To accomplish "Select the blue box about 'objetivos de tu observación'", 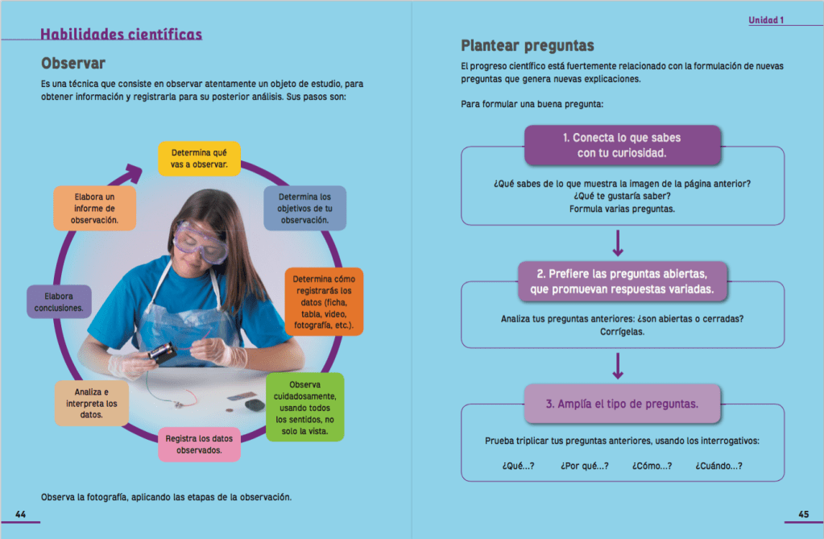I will pos(304,208).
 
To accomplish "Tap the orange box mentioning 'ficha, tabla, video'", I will pos(323,302).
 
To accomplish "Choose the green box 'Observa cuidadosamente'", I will pos(304,407).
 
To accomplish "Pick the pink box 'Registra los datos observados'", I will pos(199,444).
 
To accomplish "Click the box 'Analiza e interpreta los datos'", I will pos(91,403).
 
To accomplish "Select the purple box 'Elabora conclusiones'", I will pos(59,301).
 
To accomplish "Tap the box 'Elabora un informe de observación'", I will pos(94,208).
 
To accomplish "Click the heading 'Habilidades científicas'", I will pos(121,34).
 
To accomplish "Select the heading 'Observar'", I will pos(73,62).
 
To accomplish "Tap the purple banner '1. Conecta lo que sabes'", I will pos(621,145).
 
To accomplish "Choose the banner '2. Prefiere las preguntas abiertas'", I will pos(621,281).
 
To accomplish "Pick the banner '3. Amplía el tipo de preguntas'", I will pos(622,404).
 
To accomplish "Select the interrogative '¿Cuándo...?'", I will pos(718,465).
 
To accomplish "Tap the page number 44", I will pos(21,514).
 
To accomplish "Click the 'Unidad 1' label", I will pos(766,20).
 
